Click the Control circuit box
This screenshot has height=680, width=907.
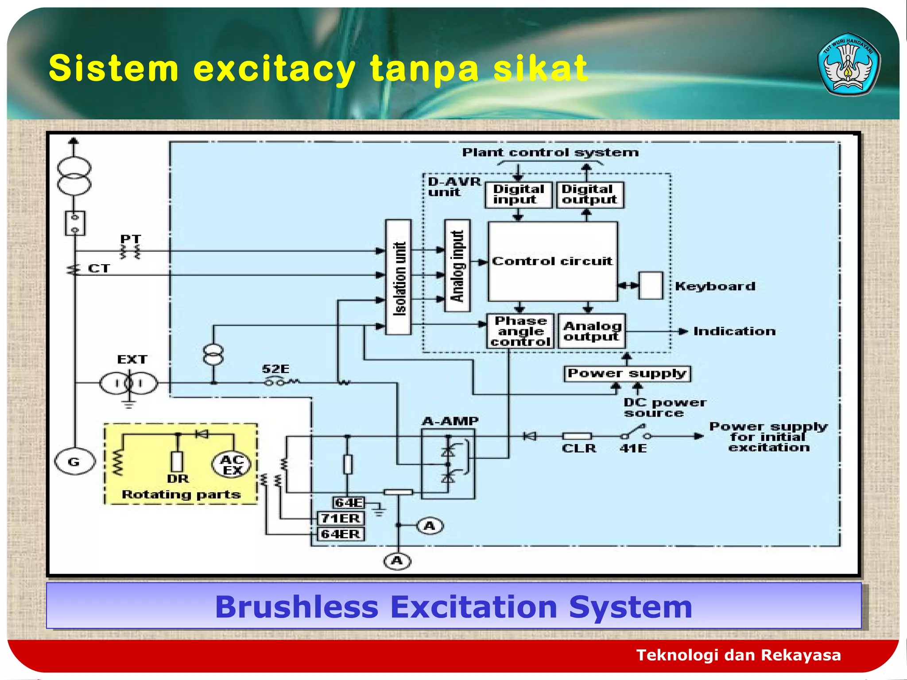552,261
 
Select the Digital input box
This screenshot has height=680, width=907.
518,195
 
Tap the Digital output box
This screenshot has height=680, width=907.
589,195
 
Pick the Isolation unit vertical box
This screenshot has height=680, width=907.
399,277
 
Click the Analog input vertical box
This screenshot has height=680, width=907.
457,266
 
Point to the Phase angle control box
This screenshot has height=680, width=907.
520,331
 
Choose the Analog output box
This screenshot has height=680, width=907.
592,331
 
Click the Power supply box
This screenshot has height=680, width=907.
627,373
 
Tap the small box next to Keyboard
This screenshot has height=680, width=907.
651,286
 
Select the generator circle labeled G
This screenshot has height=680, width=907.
74,462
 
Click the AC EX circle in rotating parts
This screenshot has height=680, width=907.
232,464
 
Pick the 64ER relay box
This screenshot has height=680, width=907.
341,534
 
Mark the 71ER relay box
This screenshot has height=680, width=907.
341,518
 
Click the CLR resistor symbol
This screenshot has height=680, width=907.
577,437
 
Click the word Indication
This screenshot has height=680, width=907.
734,331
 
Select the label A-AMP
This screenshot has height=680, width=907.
450,421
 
